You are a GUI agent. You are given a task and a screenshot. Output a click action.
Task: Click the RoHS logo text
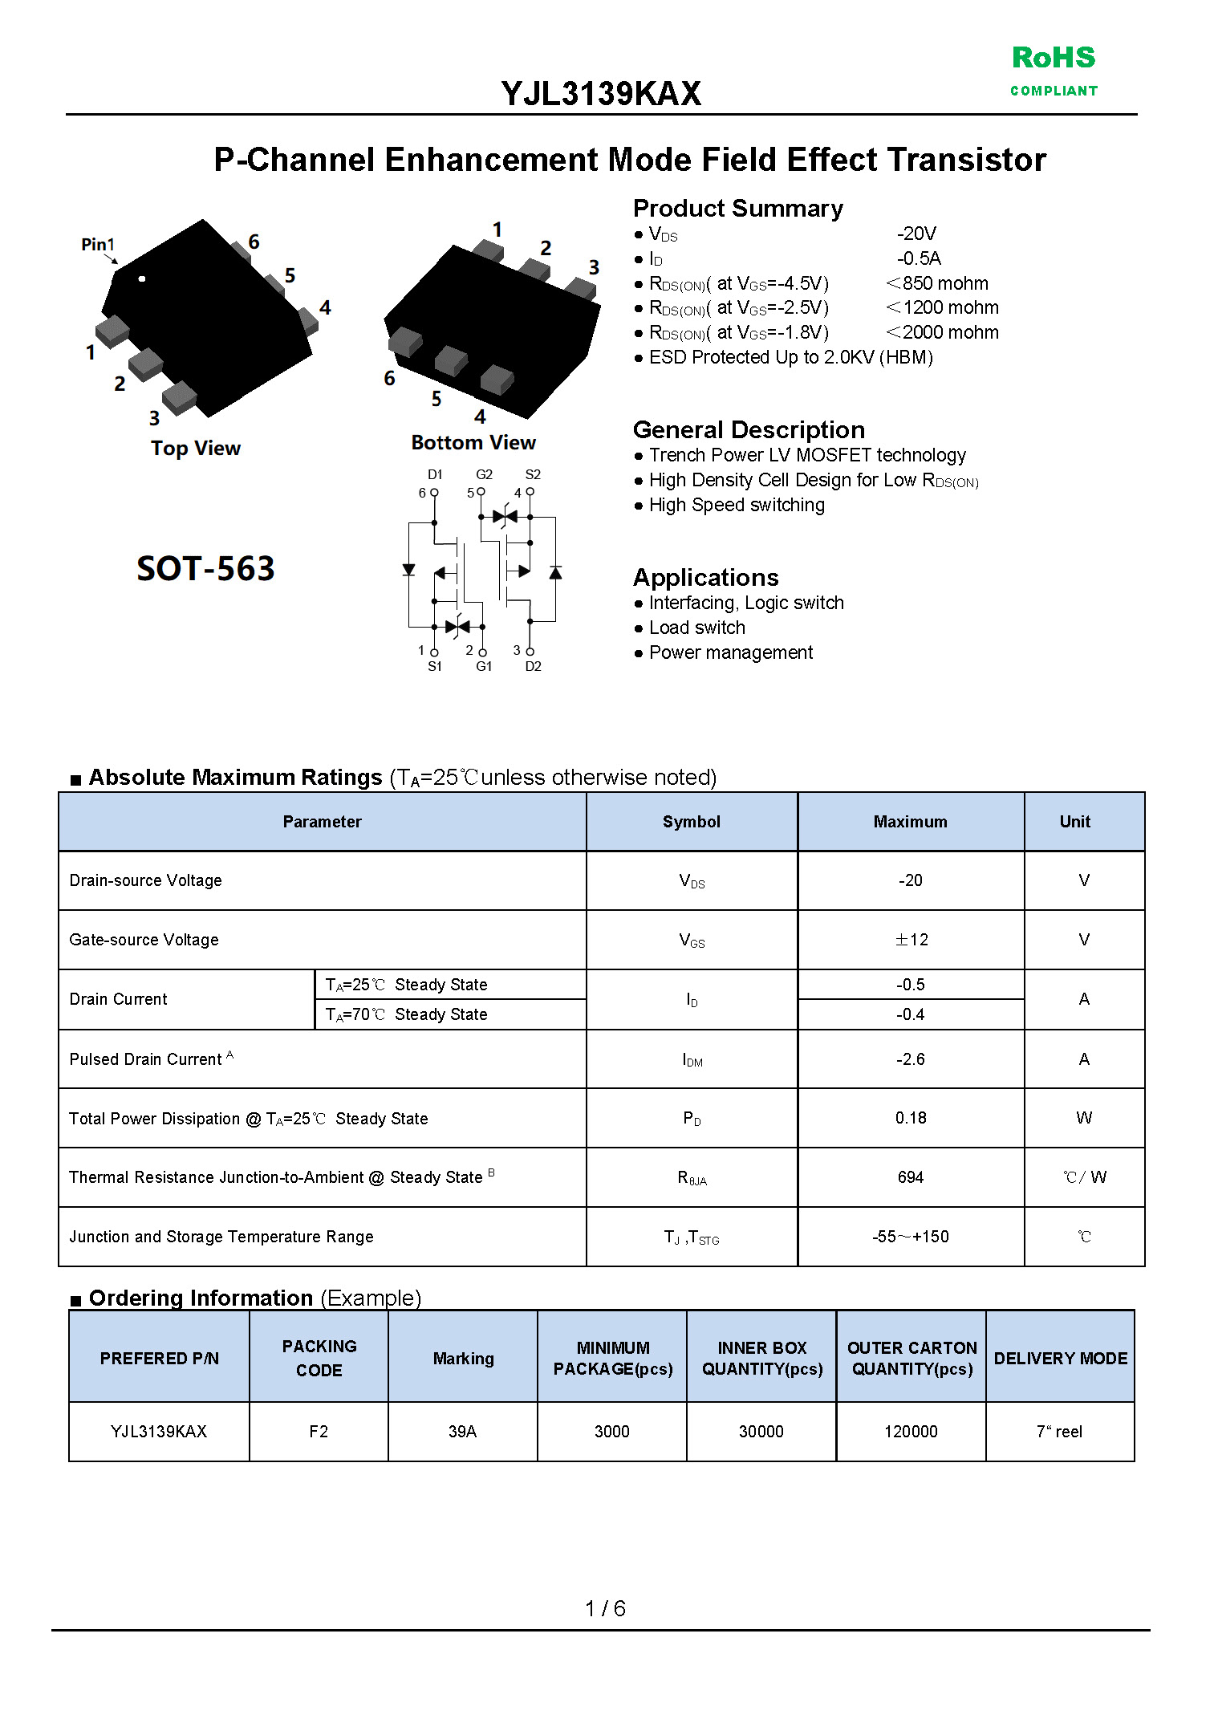tap(1053, 58)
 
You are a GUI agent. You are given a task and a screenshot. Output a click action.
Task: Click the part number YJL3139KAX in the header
tap(600, 94)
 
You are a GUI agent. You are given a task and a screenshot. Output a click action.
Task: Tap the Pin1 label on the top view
tap(98, 244)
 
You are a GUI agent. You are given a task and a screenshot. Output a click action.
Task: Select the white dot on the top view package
tap(142, 278)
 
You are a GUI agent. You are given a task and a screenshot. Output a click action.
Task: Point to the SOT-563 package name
tap(205, 568)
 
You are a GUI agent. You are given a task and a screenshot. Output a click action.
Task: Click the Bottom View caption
tap(473, 442)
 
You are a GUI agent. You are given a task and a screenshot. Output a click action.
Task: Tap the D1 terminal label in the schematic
tap(435, 474)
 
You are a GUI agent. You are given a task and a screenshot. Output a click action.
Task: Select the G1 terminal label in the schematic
tap(484, 666)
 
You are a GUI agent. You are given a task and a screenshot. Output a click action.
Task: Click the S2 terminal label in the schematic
tap(533, 474)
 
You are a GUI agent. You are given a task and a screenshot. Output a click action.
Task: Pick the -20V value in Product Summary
tap(916, 234)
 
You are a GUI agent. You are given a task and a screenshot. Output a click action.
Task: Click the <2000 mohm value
tap(942, 332)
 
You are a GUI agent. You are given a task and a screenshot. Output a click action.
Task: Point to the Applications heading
tap(705, 577)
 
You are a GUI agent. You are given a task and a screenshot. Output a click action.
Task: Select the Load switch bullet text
tap(696, 628)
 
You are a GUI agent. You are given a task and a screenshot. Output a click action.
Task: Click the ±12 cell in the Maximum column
tap(911, 940)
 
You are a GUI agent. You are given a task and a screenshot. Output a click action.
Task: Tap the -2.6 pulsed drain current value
tap(910, 1059)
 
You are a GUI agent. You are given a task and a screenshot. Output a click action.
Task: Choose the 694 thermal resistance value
tap(910, 1177)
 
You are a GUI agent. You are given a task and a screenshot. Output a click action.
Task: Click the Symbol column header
tap(691, 822)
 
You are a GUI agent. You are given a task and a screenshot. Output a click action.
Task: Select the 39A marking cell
tap(462, 1432)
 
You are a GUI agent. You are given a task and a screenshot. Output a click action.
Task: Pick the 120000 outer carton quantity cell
tap(911, 1432)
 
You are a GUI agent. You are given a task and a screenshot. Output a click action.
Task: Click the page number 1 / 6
tap(605, 1608)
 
